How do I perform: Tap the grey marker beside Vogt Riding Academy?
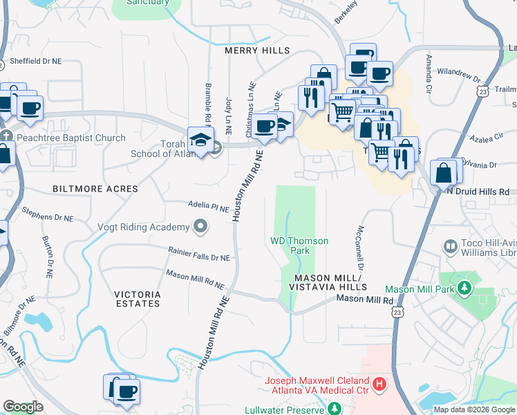(x=200, y=226)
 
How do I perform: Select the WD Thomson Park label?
(x=299, y=246)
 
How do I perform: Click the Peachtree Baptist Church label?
(x=72, y=138)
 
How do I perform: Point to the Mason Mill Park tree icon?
(x=464, y=287)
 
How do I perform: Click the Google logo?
(x=23, y=407)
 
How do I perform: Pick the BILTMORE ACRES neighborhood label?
(x=94, y=189)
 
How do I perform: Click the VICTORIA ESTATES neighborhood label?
(x=137, y=298)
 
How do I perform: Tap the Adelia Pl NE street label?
(x=208, y=206)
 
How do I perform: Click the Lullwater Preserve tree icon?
(x=334, y=409)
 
